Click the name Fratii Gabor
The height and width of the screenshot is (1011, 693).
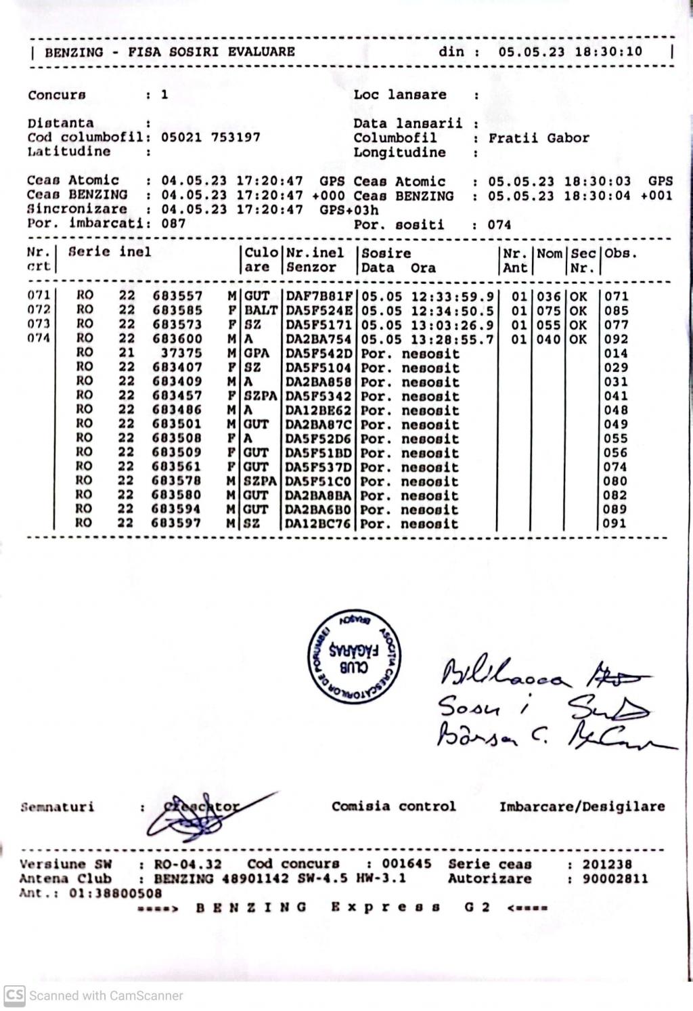[x=539, y=138]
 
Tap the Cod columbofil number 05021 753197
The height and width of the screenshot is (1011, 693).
[x=210, y=137]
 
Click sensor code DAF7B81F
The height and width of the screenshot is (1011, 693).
[x=319, y=296]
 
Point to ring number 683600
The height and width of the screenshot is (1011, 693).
[x=177, y=339]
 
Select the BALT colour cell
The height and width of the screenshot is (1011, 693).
[x=261, y=310]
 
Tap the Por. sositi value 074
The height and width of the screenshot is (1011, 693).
[x=499, y=225]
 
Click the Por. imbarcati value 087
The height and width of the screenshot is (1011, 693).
[x=173, y=223]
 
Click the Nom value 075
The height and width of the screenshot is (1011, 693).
[x=549, y=310]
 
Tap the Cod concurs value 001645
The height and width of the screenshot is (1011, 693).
[x=406, y=864]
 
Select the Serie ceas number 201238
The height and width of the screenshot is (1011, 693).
[x=607, y=865]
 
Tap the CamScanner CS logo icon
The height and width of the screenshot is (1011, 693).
[x=14, y=995]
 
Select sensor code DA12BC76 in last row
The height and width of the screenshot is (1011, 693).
[x=318, y=523]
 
